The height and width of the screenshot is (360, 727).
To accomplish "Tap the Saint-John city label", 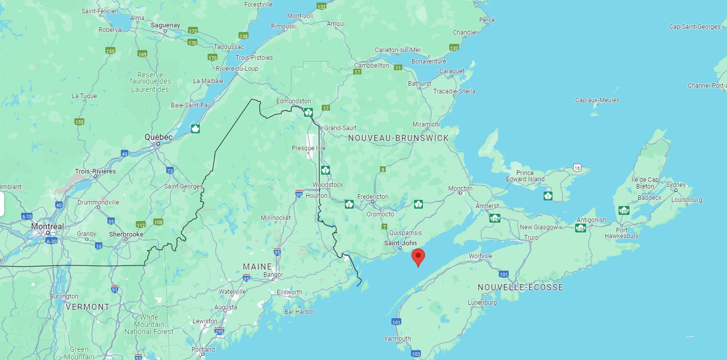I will pyautogui.click(x=400, y=243).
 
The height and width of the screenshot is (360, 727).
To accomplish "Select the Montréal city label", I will pyautogui.click(x=48, y=226).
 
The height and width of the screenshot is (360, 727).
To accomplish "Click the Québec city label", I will pyautogui.click(x=159, y=137).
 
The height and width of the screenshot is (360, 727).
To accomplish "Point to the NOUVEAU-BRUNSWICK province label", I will pyautogui.click(x=398, y=138).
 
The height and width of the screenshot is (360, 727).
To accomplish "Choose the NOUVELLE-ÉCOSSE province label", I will pyautogui.click(x=520, y=287).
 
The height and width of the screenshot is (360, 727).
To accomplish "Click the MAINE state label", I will pyautogui.click(x=257, y=267).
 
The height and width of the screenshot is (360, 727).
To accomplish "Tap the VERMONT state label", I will pyautogui.click(x=87, y=307).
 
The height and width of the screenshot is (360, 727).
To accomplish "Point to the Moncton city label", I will pyautogui.click(x=460, y=188).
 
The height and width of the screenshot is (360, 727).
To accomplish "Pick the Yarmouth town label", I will pyautogui.click(x=397, y=339).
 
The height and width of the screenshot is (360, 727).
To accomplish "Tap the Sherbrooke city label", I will pyautogui.click(x=126, y=234).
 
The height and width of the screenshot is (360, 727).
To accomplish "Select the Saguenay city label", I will pyautogui.click(x=165, y=25).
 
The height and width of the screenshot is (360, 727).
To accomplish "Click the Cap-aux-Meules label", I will pyautogui.click(x=597, y=100).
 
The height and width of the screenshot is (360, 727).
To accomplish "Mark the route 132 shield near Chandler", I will pyautogui.click(x=454, y=48).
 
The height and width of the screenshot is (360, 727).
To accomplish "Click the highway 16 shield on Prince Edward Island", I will pyautogui.click(x=577, y=167).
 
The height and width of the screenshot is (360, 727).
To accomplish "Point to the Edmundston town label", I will pyautogui.click(x=293, y=101).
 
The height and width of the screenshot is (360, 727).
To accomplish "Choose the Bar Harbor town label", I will pyautogui.click(x=299, y=311).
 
